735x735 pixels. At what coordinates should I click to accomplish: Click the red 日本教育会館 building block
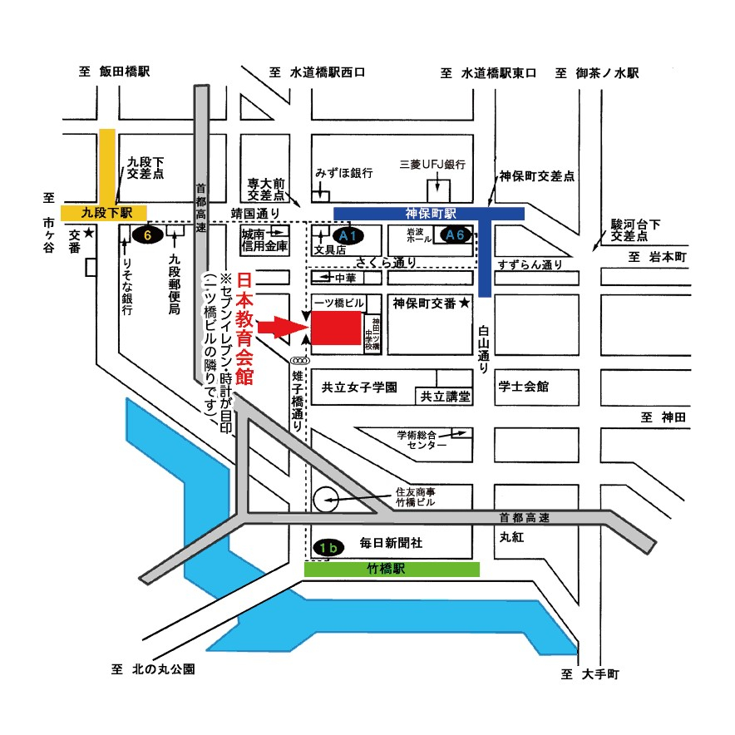click(x=336, y=327)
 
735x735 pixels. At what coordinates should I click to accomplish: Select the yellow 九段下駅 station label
click(x=103, y=212)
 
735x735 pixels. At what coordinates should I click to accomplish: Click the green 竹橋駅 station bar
click(x=392, y=570)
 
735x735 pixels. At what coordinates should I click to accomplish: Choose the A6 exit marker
click(x=455, y=235)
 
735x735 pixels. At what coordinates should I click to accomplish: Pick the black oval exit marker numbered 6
click(x=146, y=235)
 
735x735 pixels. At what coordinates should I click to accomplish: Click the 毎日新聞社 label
click(x=391, y=542)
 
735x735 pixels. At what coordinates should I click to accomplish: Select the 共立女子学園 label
click(x=360, y=387)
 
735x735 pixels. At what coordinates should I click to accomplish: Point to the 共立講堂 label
click(x=445, y=397)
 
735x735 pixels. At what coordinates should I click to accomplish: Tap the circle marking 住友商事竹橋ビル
click(x=326, y=500)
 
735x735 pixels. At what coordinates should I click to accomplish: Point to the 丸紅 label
click(x=510, y=537)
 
